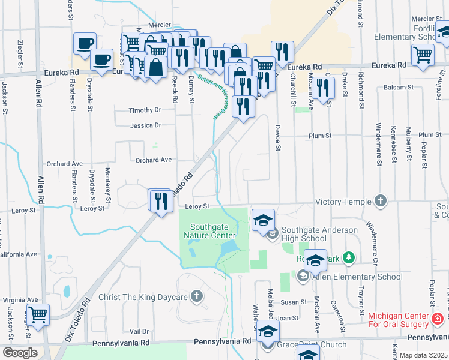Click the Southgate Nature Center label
(213, 231)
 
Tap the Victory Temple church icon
(380, 201)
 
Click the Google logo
(20, 353)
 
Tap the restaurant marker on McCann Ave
(324, 88)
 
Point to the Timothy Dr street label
(146, 110)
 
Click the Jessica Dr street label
(146, 125)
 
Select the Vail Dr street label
(139, 331)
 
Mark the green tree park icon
(346, 259)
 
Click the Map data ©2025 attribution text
(424, 355)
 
